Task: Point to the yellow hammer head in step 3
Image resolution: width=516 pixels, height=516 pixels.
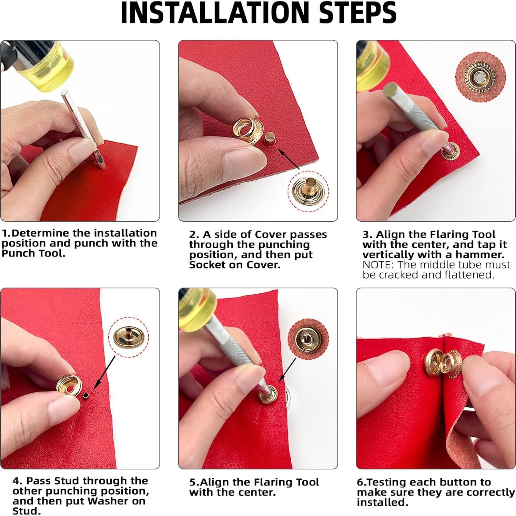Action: coord(371,68)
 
